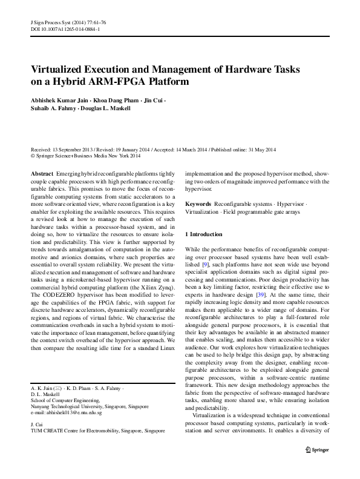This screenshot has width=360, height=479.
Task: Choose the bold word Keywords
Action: pos(198,205)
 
